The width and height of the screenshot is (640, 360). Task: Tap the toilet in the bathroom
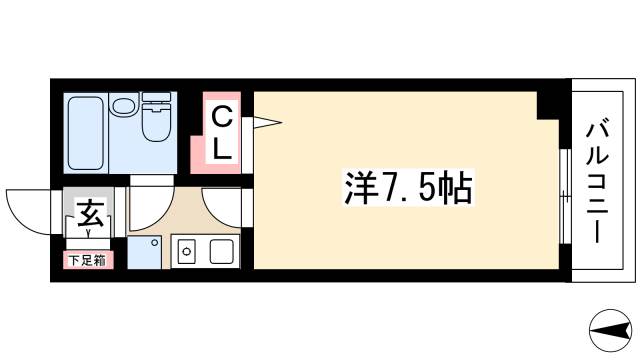tap(158, 120)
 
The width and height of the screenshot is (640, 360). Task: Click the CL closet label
tap(223, 134)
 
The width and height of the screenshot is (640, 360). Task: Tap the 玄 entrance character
tap(89, 213)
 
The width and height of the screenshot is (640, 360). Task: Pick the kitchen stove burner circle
tap(186, 252)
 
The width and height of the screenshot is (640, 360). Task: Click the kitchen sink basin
tap(219, 252)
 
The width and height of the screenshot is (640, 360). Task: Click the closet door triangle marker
tap(264, 124)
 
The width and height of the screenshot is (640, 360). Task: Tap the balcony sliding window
tap(563, 196)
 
